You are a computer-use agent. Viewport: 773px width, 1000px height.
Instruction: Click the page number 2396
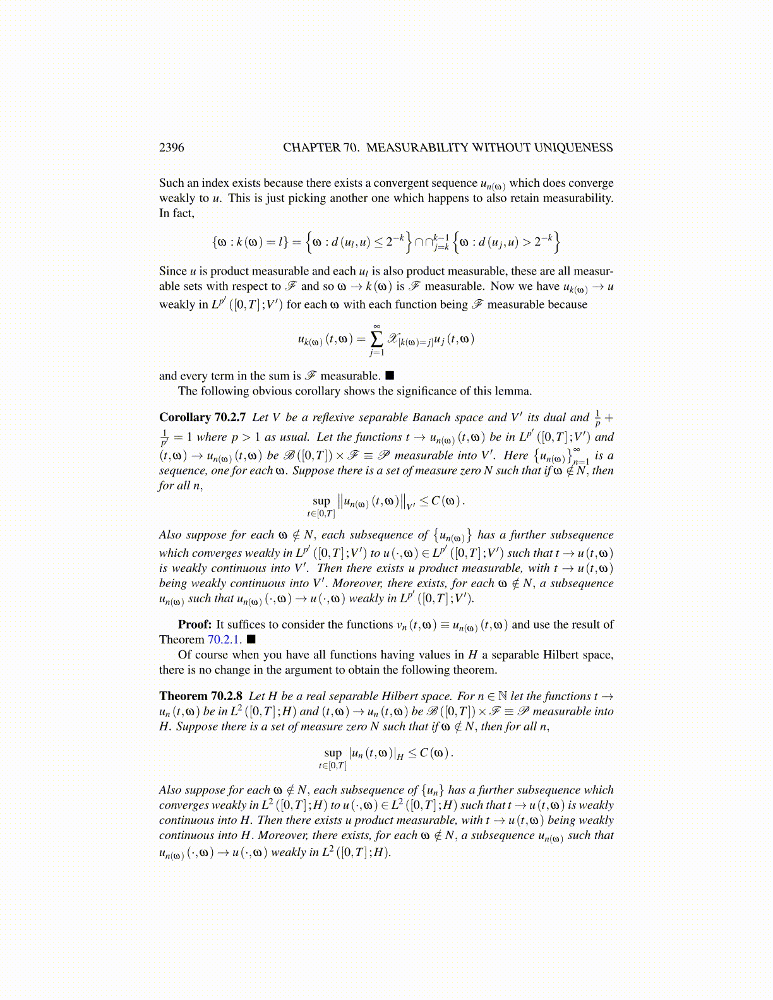171,148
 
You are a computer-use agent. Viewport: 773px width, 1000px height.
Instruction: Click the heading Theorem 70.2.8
201,696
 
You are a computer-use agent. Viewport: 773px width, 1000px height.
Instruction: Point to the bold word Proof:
195,624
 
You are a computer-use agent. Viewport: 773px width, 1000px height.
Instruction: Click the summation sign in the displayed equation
376,339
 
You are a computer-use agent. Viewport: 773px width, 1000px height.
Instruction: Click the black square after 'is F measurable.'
390,376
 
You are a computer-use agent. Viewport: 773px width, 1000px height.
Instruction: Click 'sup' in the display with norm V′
321,501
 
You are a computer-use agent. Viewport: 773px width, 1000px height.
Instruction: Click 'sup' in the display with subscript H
332,753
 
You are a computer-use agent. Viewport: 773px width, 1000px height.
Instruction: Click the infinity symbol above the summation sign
376,326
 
